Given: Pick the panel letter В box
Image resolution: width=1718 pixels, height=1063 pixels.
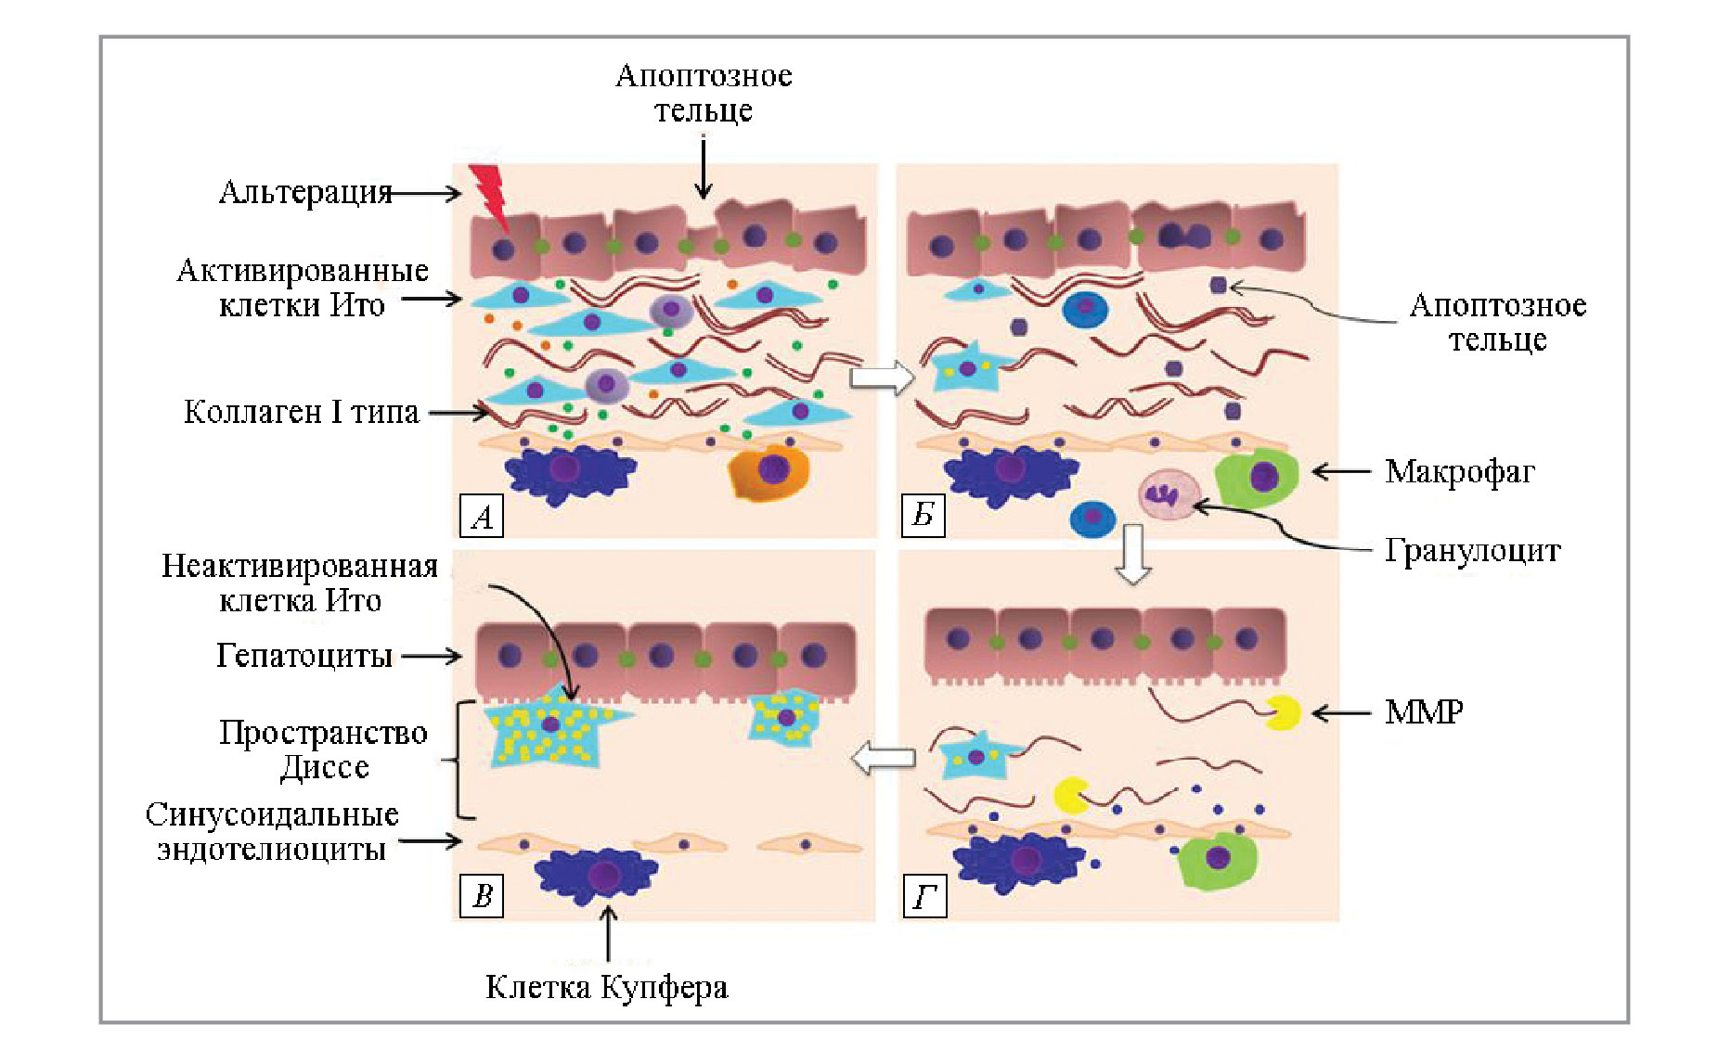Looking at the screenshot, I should click(x=482, y=896).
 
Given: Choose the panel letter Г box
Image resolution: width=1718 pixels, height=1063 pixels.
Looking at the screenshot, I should click(x=924, y=896).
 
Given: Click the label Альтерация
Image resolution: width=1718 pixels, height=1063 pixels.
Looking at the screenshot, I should click(x=305, y=193).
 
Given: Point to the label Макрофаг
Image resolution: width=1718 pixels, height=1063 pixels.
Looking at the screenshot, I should click(x=1459, y=472).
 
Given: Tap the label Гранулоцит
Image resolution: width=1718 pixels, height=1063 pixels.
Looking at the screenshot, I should click(x=1472, y=551).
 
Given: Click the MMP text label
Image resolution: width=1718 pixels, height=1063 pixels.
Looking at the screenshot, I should click(x=1424, y=712).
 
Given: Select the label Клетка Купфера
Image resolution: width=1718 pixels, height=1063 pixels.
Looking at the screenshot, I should click(x=606, y=987).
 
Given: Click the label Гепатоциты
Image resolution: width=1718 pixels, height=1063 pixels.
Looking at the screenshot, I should click(x=304, y=656).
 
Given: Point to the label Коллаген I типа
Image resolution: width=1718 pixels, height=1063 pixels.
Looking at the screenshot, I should click(x=302, y=412).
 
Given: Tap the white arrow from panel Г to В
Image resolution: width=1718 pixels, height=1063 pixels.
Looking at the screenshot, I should click(x=883, y=758).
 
